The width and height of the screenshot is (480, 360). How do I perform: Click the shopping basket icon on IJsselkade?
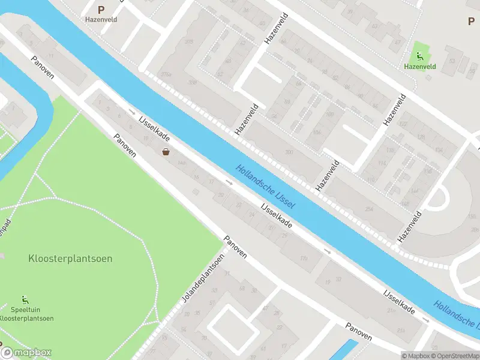pyautogui.click(x=166, y=152)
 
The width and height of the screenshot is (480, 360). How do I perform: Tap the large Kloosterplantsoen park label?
pyautogui.click(x=70, y=259)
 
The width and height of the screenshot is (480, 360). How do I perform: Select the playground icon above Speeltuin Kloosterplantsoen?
pyautogui.click(x=25, y=299)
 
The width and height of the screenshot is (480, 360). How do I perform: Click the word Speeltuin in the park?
pyautogui.click(x=25, y=310)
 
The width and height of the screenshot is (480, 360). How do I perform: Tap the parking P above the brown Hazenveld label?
pyautogui.click(x=101, y=10)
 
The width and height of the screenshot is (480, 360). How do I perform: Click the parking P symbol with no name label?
pyautogui.click(x=471, y=21)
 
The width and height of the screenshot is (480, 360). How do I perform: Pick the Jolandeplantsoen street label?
pyautogui.click(x=203, y=278)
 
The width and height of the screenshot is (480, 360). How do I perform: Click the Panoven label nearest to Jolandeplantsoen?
pyautogui.click(x=235, y=247)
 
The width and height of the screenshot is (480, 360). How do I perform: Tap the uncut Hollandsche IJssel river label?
pyautogui.click(x=265, y=187)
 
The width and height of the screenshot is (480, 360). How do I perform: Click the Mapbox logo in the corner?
pyautogui.click(x=26, y=353)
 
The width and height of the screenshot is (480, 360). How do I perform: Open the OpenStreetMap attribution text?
pyautogui.click(x=454, y=356)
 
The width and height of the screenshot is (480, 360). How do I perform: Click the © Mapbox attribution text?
pyautogui.click(x=415, y=356)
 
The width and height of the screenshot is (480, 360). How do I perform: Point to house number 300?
pyautogui.click(x=290, y=152)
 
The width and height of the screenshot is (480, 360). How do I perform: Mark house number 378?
pyautogui.click(x=190, y=41)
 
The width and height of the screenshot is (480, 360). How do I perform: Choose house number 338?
pyautogui.click(x=193, y=83)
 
